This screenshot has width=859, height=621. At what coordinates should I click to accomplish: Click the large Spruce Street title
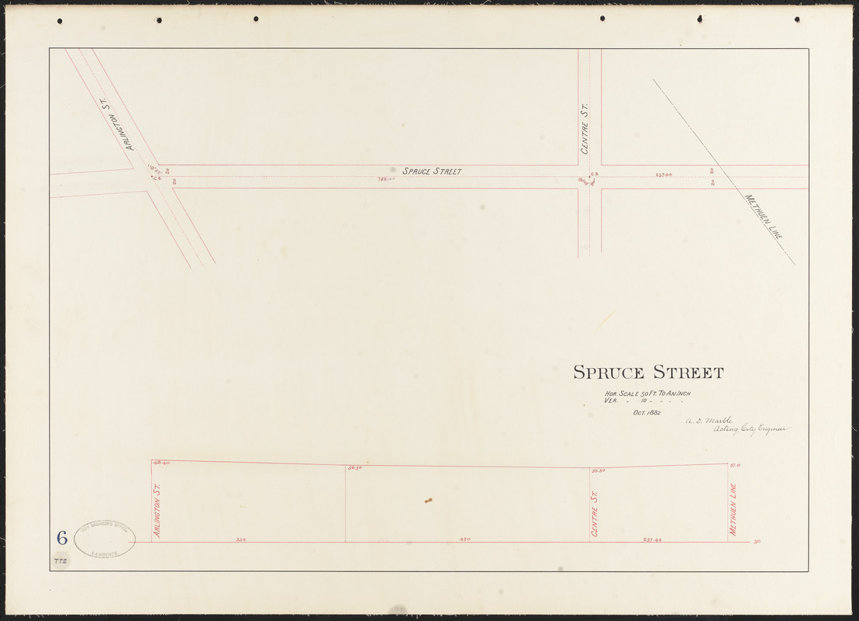pyautogui.click(x=648, y=373)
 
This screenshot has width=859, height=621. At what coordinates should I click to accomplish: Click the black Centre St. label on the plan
pyautogui.click(x=585, y=128)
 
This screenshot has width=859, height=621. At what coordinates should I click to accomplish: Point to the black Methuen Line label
pyautogui.click(x=764, y=216)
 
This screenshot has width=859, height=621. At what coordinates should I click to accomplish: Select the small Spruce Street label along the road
pyautogui.click(x=431, y=171)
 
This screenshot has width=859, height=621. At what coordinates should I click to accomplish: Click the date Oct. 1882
pyautogui.click(x=647, y=413)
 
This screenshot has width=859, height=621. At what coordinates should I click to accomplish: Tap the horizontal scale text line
pyautogui.click(x=647, y=394)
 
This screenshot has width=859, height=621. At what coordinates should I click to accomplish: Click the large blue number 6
pyautogui.click(x=62, y=537)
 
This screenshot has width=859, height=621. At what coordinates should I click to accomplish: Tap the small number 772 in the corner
pyautogui.click(x=60, y=560)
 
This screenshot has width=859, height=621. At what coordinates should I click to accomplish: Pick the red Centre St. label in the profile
pyautogui.click(x=595, y=512)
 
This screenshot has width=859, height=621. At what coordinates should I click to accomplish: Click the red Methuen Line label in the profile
pyautogui.click(x=733, y=509)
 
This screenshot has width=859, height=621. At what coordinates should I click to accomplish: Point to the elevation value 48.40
pyautogui.click(x=161, y=463)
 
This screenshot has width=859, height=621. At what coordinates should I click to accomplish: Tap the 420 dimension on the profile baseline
pyautogui.click(x=465, y=539)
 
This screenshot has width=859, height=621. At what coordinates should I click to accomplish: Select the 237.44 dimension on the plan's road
pyautogui.click(x=663, y=175)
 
